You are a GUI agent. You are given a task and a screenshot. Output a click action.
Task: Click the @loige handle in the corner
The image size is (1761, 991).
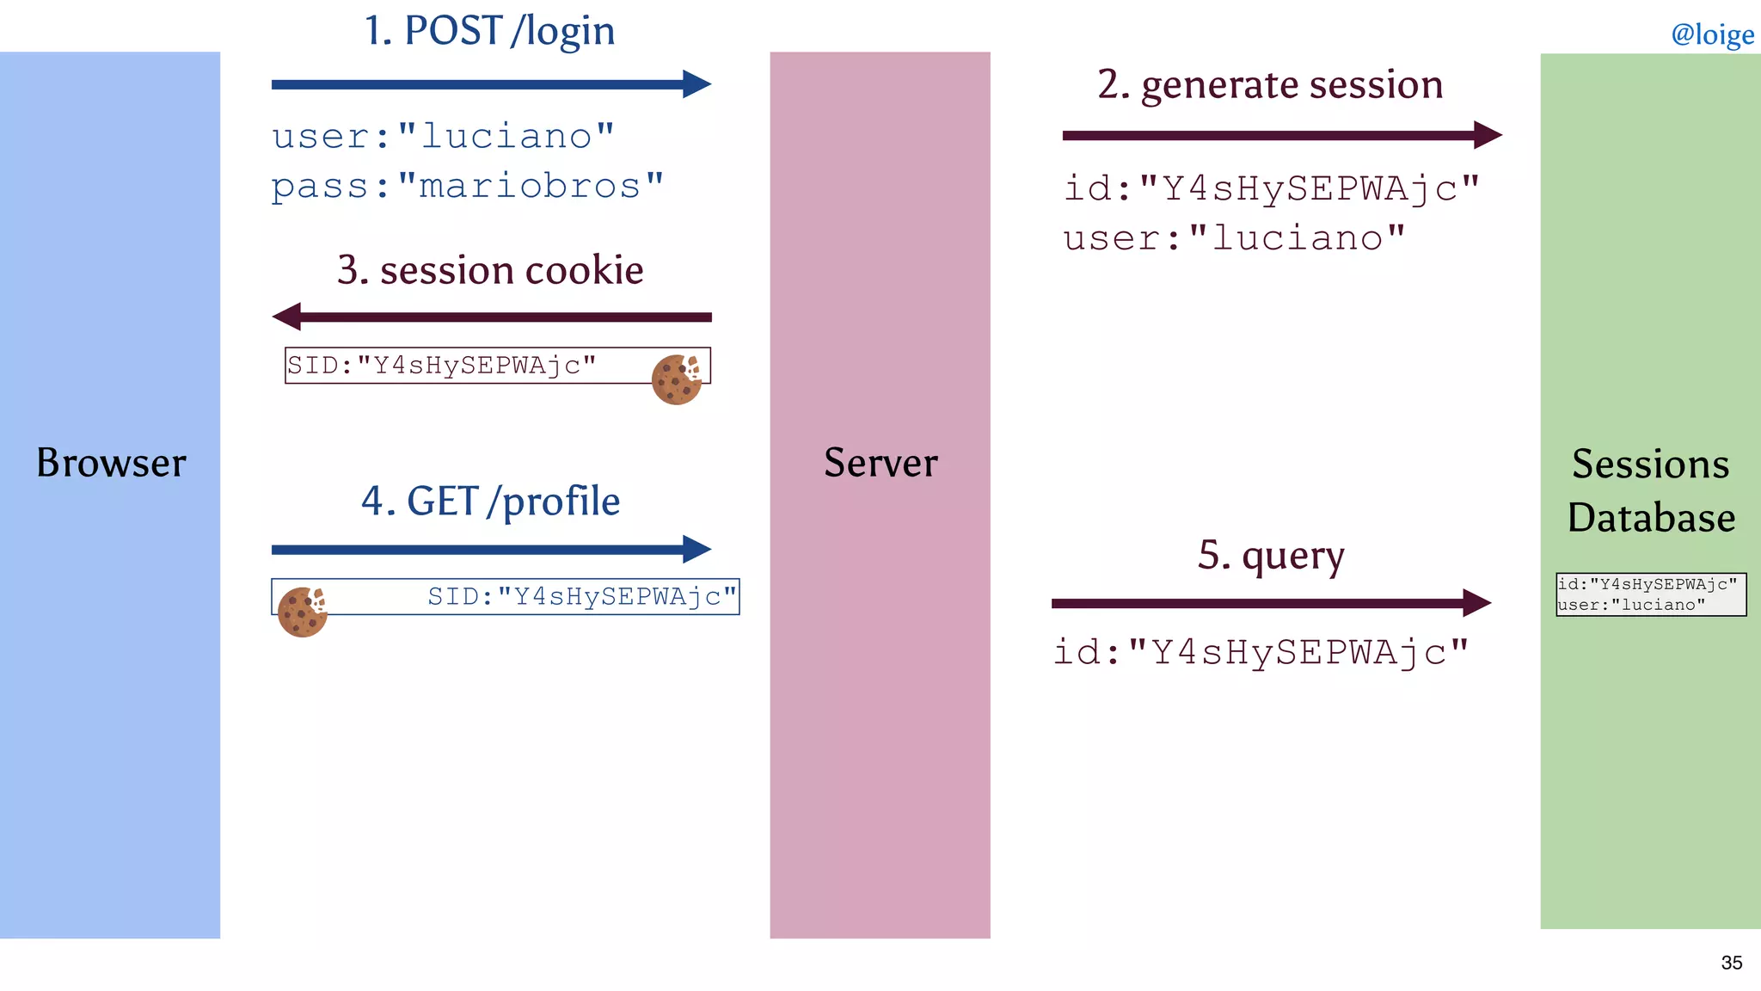click(1712, 34)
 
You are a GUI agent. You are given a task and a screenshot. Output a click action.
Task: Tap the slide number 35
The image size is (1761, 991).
click(1731, 963)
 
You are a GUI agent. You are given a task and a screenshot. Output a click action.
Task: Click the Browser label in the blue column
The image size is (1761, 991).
click(111, 463)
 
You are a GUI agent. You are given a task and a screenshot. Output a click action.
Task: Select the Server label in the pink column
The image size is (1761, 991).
click(880, 463)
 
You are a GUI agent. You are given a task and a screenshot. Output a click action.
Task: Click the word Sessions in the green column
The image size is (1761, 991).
click(1650, 465)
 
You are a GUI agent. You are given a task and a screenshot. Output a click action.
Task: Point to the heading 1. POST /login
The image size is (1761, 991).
click(489, 31)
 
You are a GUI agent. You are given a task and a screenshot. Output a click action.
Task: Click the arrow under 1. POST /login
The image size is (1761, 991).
click(490, 84)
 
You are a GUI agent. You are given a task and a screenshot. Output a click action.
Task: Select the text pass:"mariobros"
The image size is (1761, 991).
click(468, 187)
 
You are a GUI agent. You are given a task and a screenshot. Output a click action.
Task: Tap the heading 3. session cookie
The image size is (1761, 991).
click(490, 270)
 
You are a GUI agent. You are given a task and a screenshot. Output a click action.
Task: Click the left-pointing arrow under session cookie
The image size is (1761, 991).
click(490, 317)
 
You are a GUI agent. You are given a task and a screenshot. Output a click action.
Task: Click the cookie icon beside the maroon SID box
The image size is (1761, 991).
click(677, 379)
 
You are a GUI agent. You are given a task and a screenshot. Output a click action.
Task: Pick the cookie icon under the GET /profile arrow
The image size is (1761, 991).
click(302, 612)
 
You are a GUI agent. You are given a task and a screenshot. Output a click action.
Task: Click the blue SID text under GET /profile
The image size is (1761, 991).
click(582, 596)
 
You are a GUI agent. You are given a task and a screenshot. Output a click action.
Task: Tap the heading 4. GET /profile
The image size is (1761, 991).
click(490, 502)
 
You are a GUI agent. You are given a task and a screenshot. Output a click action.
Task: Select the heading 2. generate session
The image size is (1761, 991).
click(1270, 84)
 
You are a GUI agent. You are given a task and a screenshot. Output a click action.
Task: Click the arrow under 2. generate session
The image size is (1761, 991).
click(1281, 135)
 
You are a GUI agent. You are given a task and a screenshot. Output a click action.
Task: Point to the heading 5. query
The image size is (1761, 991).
click(1271, 556)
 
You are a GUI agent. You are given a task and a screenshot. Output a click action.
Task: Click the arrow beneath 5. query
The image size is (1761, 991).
click(1270, 603)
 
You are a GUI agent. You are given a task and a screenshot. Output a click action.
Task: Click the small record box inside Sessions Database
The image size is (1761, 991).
click(1650, 594)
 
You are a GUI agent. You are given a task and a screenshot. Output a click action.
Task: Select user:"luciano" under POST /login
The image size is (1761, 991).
click(443, 137)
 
